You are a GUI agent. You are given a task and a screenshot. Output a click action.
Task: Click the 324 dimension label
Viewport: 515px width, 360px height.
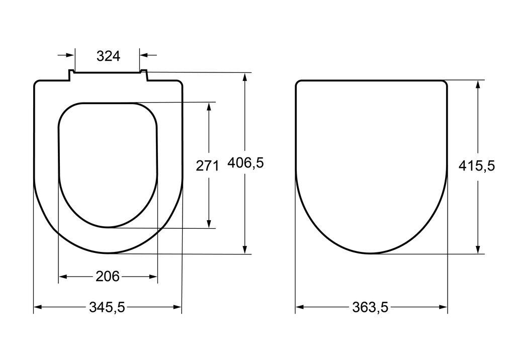109,56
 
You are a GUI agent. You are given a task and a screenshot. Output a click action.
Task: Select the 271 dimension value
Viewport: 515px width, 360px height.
207,165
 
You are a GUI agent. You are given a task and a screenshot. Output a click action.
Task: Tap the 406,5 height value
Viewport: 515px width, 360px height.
245,163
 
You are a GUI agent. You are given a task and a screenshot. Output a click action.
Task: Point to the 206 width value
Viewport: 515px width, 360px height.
108,277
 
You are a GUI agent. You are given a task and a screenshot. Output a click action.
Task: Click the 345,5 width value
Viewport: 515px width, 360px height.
107,307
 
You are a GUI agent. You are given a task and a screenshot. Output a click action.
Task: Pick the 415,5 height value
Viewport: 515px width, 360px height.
477,166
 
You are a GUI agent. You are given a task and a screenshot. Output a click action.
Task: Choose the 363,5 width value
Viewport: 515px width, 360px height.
370,307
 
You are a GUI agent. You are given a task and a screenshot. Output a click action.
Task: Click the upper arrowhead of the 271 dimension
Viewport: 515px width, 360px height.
209,107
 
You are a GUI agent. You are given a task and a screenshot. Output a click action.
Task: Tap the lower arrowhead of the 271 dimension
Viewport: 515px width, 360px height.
209,223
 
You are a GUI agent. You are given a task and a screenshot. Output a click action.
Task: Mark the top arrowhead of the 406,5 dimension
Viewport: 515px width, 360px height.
245,77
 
